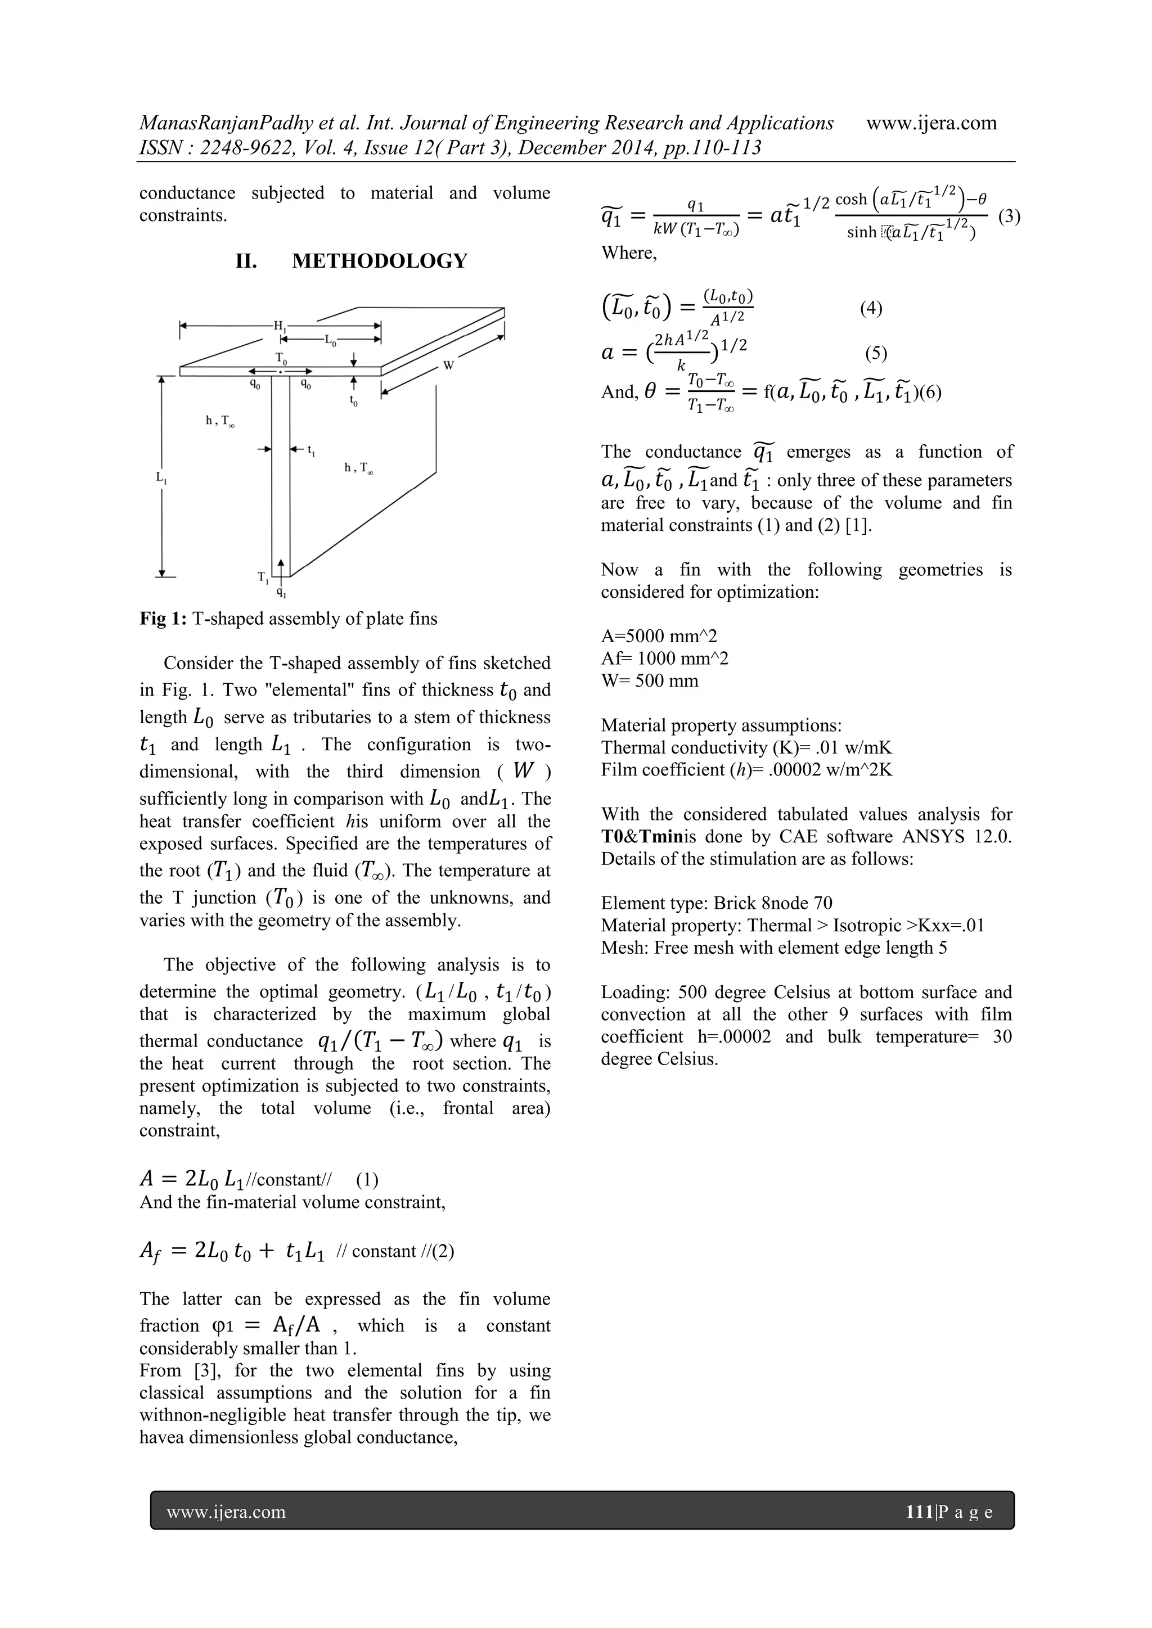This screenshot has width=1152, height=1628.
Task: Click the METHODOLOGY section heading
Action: (x=380, y=261)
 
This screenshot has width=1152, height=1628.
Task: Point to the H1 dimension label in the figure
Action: (x=280, y=326)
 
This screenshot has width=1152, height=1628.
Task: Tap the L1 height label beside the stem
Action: (x=161, y=478)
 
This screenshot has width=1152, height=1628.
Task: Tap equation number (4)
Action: (x=870, y=308)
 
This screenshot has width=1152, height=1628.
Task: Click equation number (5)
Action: (x=875, y=353)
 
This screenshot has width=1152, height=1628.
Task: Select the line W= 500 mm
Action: (x=649, y=680)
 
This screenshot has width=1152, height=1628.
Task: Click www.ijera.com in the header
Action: (x=931, y=123)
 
